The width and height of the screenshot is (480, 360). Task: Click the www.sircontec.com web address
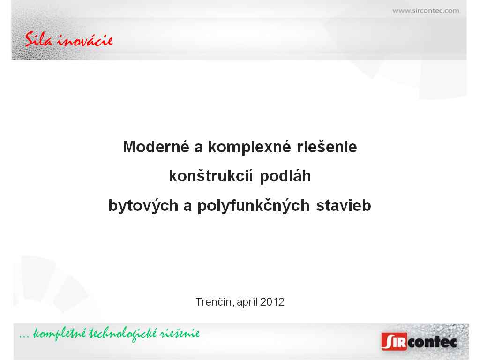coord(426,11)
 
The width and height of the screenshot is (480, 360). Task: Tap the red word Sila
coord(38,39)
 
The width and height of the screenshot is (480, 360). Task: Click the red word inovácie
coord(85,40)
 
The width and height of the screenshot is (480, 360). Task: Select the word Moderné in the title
coord(156,147)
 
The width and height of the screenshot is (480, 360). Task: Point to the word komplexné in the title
coord(249,147)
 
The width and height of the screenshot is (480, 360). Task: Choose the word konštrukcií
coord(211,176)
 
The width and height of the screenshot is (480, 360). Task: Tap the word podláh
coord(285,177)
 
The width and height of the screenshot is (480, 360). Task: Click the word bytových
coord(143,205)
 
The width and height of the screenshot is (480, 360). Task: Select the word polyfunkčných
coord(254,205)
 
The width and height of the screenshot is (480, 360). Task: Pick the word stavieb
coord(344,205)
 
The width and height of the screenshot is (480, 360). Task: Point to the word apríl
coord(247,302)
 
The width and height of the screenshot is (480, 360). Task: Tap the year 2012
coord(272,302)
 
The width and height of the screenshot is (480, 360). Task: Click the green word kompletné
coord(60,333)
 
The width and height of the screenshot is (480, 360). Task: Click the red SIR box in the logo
coord(394,341)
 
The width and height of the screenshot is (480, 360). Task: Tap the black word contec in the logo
coord(432,342)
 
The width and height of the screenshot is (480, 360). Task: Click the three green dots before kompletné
coord(24,337)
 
